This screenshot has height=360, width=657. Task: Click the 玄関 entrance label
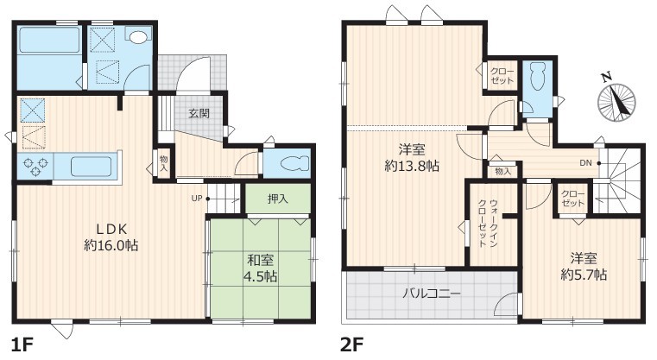click(x=199, y=113)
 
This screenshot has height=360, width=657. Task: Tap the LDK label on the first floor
click(x=112, y=229)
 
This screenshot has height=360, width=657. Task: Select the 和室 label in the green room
click(x=260, y=260)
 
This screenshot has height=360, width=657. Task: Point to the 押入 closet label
click(x=278, y=199)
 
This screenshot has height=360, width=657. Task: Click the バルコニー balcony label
click(x=432, y=293)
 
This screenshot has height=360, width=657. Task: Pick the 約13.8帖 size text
click(x=412, y=167)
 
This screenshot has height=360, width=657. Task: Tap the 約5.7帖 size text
click(x=584, y=275)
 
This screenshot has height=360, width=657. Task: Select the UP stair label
click(x=197, y=199)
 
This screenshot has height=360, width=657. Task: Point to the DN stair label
click(x=585, y=163)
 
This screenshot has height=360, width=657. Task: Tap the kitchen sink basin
click(x=91, y=167)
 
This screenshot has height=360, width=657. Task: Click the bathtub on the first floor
click(x=50, y=41)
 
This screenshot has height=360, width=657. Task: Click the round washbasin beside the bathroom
click(x=138, y=37)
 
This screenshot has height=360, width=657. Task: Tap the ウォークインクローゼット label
click(x=488, y=223)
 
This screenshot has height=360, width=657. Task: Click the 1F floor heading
click(x=22, y=345)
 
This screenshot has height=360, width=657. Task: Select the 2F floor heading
click(x=351, y=345)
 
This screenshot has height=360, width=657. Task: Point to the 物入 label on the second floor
click(x=502, y=171)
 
